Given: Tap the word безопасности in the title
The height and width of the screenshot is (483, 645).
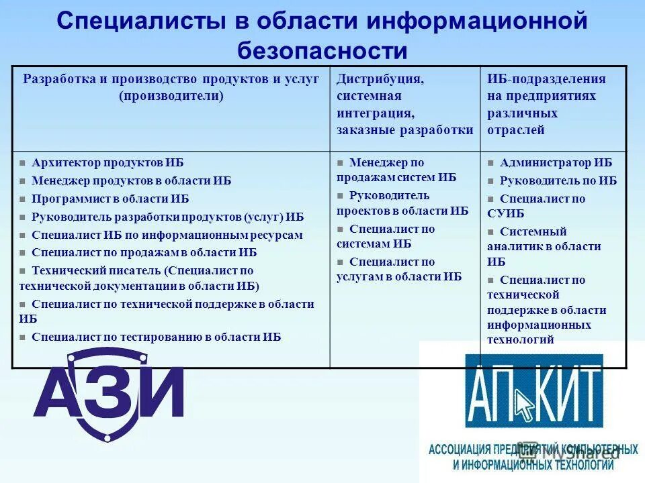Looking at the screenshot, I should tap(322, 51).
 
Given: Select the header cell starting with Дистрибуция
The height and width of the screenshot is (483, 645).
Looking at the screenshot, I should tap(405, 105).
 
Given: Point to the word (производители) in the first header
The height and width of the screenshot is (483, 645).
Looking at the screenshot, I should tap(171, 96).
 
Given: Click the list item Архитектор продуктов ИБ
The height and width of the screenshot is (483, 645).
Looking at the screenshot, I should tap(107, 163).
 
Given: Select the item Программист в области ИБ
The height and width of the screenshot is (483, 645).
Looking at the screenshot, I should tap(110, 199).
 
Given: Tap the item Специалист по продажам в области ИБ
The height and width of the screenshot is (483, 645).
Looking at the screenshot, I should tap(144, 253).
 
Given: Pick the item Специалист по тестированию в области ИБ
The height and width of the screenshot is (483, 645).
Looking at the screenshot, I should tap(156, 337).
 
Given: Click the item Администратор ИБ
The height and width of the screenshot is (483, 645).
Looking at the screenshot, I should tap(556, 163).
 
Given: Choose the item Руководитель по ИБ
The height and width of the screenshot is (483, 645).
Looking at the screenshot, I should tap(558, 181).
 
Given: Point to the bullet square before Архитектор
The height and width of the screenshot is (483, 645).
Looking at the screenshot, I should tap(23, 164).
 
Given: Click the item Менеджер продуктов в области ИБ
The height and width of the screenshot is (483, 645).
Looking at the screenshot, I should tap(131, 181).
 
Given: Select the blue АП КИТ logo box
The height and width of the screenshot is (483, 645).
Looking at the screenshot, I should tap(534, 391).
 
